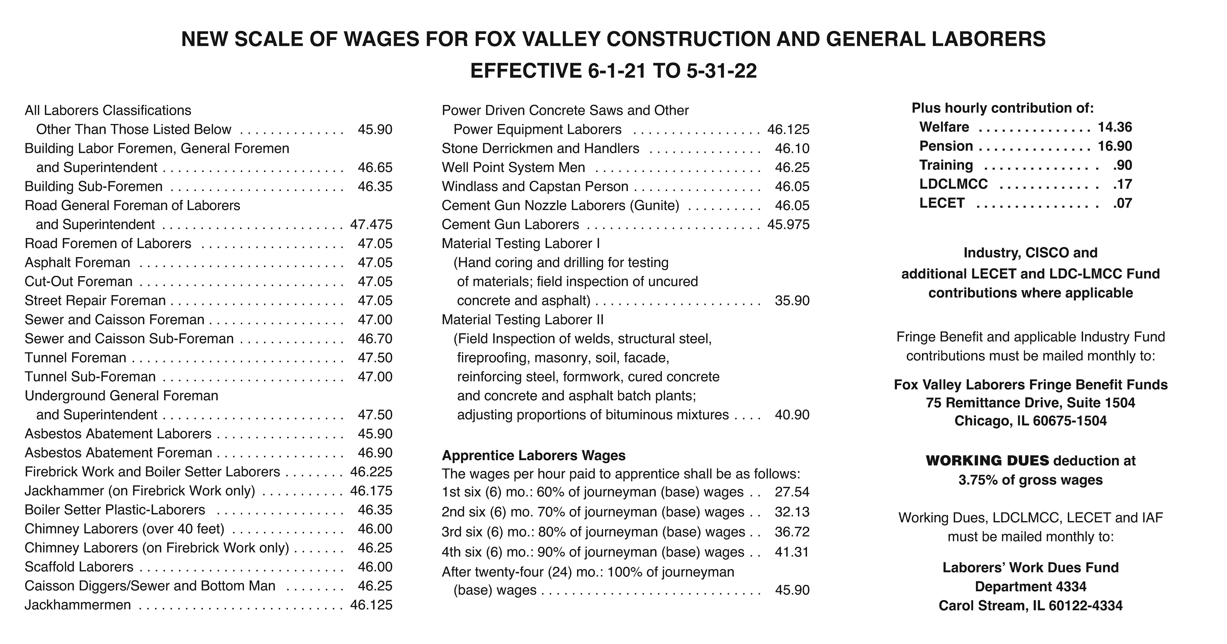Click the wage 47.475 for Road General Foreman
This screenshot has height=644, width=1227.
tap(371, 224)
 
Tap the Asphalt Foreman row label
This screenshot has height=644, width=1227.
tap(77, 262)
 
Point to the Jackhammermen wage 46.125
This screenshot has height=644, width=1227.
tap(371, 605)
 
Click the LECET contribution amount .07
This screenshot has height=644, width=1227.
tap(1122, 203)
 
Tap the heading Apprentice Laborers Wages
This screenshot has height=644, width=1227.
tap(534, 455)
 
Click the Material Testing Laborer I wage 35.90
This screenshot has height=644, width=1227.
tap(792, 300)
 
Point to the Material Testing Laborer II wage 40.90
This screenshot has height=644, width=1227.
tap(792, 415)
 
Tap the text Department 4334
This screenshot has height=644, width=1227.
tap(1030, 587)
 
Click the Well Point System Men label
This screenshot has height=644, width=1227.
tap(514, 167)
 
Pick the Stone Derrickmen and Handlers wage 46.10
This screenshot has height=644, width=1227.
tap(792, 148)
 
